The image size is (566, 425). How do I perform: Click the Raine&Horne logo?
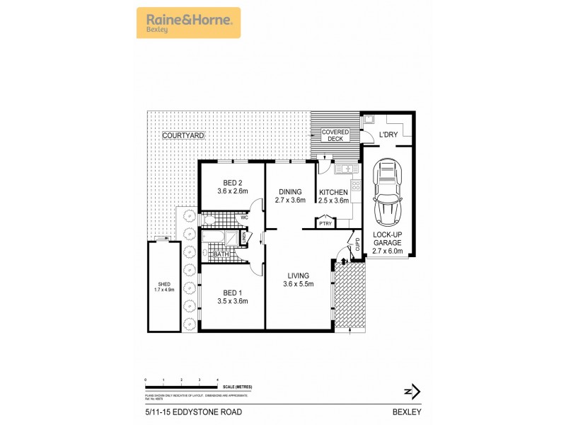[x=188, y=23]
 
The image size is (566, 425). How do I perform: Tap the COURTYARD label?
[x=183, y=135]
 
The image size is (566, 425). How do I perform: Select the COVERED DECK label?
[x=335, y=135]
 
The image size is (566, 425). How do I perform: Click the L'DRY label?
[x=388, y=135]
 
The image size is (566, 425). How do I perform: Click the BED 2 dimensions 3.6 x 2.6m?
[x=232, y=191]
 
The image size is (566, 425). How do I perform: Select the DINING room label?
[x=289, y=192]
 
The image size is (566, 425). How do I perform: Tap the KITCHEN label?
[x=333, y=192]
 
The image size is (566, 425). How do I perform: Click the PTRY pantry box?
[x=325, y=224]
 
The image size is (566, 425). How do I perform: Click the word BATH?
[x=221, y=254]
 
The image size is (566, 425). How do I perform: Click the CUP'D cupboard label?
[x=357, y=244]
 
